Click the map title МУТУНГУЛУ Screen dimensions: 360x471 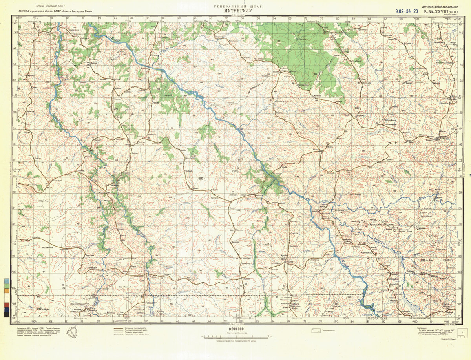point(237,11)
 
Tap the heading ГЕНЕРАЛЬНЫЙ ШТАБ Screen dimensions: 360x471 point(237,7)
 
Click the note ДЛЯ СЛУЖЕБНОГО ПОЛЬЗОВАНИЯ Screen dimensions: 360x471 point(439,7)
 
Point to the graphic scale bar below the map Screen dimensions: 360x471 point(235,336)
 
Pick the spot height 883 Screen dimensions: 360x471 point(357,107)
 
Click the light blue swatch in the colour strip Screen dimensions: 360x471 point(7,281)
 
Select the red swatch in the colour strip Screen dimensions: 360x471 point(7,305)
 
